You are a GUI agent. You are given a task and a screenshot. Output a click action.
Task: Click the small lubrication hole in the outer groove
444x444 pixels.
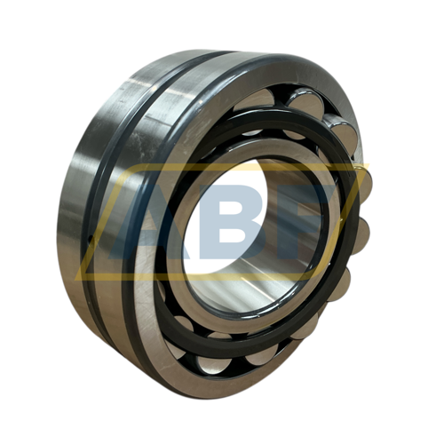click(x=90, y=236)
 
